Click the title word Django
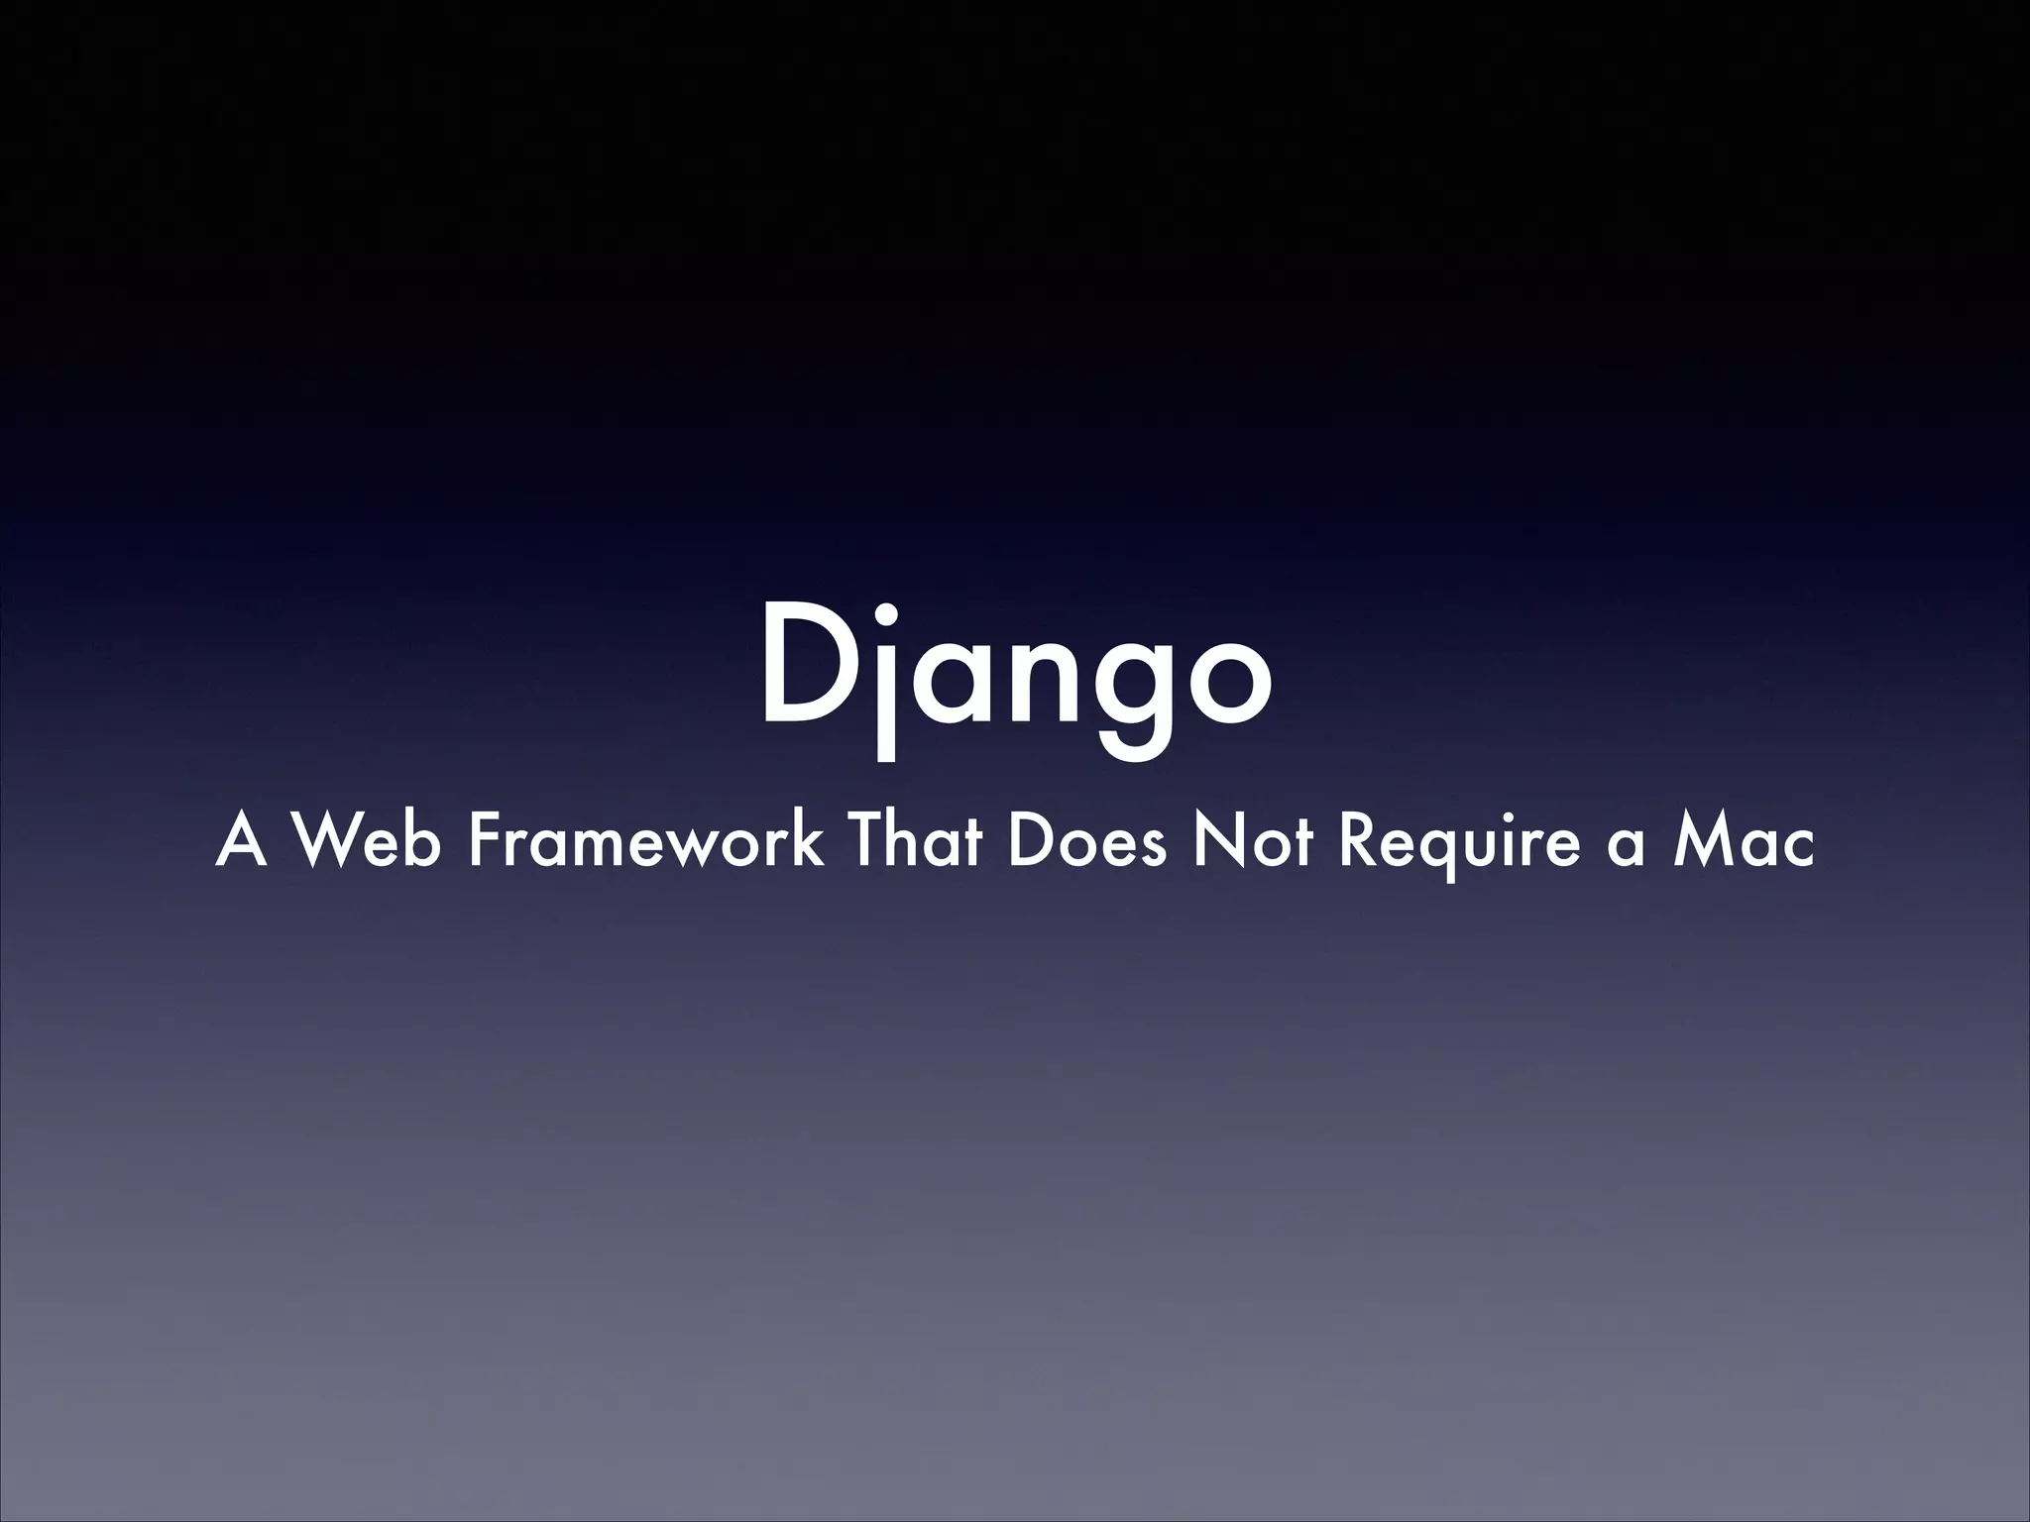1015,674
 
